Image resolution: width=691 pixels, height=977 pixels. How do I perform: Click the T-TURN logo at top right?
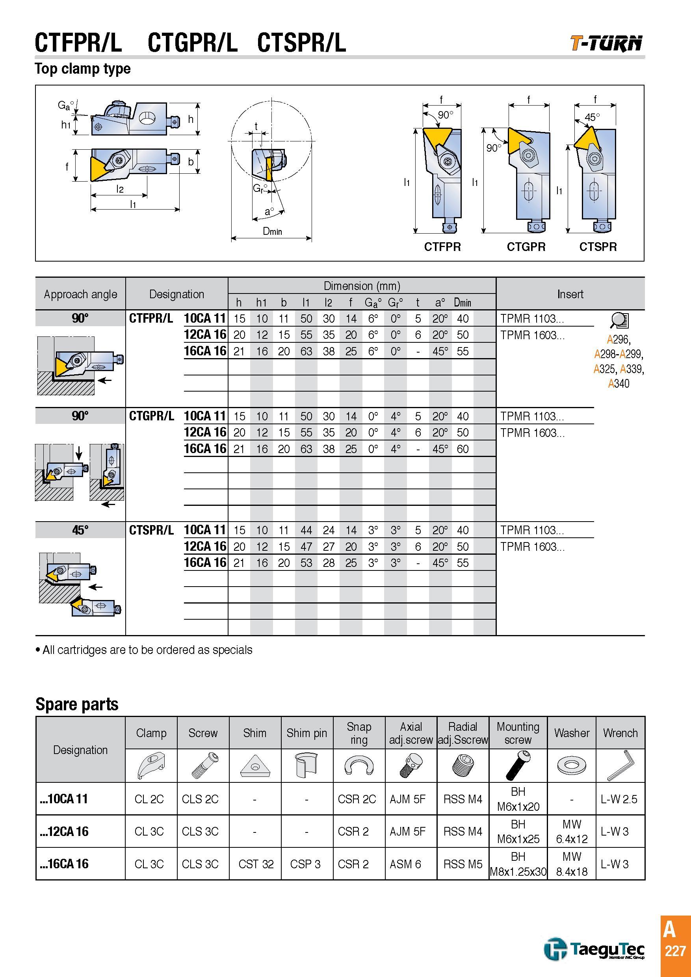pyautogui.click(x=606, y=43)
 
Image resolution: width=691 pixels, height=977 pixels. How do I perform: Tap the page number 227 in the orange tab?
pyautogui.click(x=675, y=951)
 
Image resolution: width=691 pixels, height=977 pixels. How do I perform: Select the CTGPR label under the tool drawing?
pyautogui.click(x=526, y=247)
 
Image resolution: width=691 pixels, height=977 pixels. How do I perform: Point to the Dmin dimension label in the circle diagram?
pyautogui.click(x=272, y=231)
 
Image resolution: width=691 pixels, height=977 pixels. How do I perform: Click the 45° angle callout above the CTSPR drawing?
pyautogui.click(x=592, y=117)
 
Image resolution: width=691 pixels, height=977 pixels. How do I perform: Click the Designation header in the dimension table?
pyautogui.click(x=176, y=294)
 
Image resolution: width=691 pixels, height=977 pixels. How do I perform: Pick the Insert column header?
pyautogui.click(x=570, y=294)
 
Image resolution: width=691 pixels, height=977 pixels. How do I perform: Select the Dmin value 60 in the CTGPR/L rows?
pyautogui.click(x=463, y=449)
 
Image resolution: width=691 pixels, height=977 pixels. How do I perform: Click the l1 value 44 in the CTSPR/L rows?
pyautogui.click(x=306, y=530)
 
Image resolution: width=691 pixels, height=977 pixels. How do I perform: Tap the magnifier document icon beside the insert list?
pyautogui.click(x=619, y=320)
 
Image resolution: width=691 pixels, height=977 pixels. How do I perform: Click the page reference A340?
pyautogui.click(x=619, y=383)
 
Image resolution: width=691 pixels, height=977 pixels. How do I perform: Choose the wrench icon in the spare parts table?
pyautogui.click(x=620, y=765)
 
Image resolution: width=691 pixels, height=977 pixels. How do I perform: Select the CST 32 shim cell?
pyautogui.click(x=256, y=864)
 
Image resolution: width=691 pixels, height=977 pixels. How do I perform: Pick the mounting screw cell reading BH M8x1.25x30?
pyautogui.click(x=518, y=864)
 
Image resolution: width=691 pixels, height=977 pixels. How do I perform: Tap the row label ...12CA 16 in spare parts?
pyautogui.click(x=64, y=832)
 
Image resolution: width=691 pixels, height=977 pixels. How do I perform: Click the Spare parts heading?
pyautogui.click(x=77, y=704)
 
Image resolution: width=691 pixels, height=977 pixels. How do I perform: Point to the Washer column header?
pyautogui.click(x=572, y=733)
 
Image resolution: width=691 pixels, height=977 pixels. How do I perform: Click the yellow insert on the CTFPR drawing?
pyautogui.click(x=438, y=136)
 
